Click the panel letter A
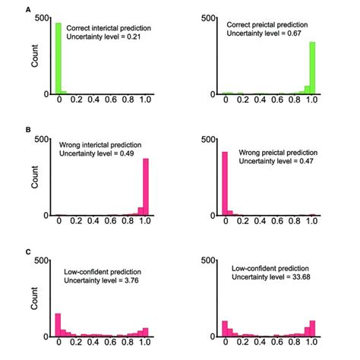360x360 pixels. point(29,10)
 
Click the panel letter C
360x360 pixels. point(29,251)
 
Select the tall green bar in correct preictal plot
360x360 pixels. point(312,68)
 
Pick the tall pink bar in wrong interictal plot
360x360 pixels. point(147,187)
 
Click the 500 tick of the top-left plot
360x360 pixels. point(43,17)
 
